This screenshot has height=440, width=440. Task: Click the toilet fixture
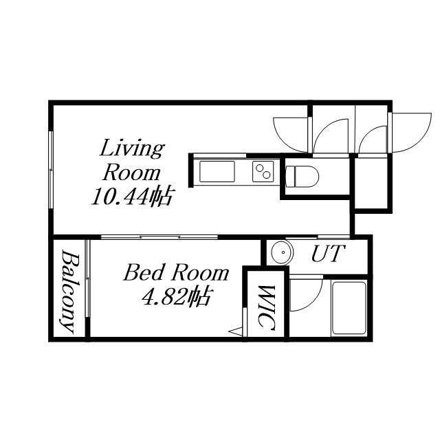[302, 177]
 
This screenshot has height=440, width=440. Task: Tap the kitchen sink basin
[217, 171]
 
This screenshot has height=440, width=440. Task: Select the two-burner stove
[263, 171]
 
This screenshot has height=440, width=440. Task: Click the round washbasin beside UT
[282, 252]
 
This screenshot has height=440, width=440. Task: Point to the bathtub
[349, 308]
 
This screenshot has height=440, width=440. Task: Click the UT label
[327, 254]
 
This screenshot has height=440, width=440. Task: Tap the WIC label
[266, 308]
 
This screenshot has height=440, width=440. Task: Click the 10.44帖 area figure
[131, 197]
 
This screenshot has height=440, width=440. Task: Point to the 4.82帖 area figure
[176, 296]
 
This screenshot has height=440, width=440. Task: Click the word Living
[131, 148]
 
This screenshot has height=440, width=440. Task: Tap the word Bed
[144, 272]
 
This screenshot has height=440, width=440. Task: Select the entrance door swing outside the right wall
[410, 133]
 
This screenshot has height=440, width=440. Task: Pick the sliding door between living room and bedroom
[159, 237]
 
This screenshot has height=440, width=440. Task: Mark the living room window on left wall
[51, 170]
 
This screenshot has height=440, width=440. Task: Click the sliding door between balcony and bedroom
[87, 278]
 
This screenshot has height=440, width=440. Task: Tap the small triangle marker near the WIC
[236, 331]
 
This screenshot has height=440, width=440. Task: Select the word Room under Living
[131, 173]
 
